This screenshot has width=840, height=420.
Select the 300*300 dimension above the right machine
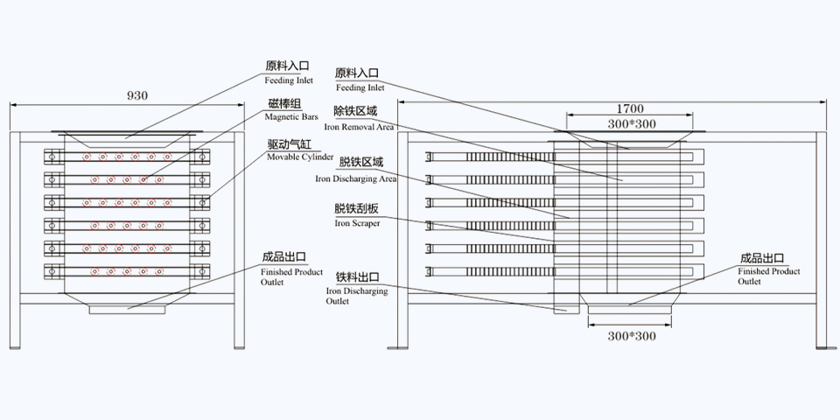point(631,124)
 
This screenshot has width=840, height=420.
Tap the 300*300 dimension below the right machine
point(631,335)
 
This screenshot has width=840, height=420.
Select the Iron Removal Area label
point(359,127)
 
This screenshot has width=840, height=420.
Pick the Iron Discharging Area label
point(356,178)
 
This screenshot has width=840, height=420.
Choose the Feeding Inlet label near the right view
point(360,87)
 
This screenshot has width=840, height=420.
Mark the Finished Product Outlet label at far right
point(768,276)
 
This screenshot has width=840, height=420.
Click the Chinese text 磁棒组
point(286,104)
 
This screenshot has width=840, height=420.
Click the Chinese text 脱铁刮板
point(356,210)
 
